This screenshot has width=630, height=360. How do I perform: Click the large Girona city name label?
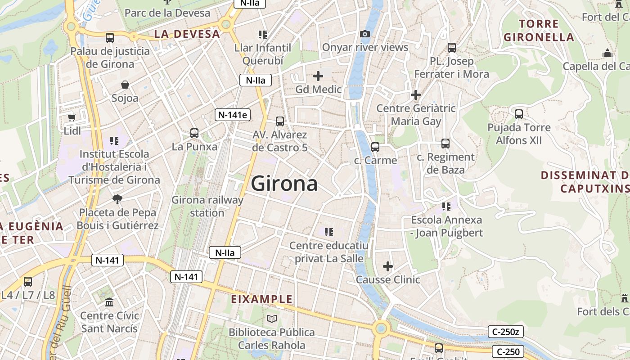tap(284, 184)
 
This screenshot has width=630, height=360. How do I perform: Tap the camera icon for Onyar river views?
tap(365, 34)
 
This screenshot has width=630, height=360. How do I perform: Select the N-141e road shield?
tap(232, 115)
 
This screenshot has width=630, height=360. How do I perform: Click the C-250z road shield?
tap(505, 332)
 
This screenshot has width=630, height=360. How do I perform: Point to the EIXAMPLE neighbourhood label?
tap(261, 299)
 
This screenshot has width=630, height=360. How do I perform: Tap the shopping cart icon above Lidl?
tap(72, 117)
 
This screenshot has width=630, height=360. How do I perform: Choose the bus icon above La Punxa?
tap(194, 133)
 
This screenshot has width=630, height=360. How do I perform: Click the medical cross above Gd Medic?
tap(318, 76)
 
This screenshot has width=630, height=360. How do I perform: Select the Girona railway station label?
tap(207, 206)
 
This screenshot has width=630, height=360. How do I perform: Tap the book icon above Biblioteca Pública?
tap(271, 319)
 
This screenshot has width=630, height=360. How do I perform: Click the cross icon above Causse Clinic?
tap(388, 266)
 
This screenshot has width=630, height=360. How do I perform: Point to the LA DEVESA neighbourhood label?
tap(187, 34)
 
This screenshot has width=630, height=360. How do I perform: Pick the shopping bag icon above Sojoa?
tap(125, 85)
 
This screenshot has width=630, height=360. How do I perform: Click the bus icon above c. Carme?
tap(375, 147)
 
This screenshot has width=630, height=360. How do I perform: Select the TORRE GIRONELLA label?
tap(539, 31)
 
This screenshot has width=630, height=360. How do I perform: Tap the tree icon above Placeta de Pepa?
tap(117, 199)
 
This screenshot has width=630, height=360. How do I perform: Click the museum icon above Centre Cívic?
tap(109, 302)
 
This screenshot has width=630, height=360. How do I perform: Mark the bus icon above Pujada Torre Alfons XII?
tap(519, 114)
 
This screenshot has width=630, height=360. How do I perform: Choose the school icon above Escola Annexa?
tap(446, 207)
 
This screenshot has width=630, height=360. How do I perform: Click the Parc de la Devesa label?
tap(167, 13)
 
